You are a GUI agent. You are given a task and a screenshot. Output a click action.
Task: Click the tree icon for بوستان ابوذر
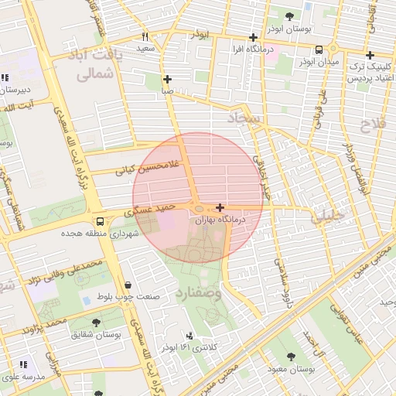289,15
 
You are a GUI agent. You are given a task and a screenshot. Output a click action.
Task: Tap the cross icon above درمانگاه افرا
253,37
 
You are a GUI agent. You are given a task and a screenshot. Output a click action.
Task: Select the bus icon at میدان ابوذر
319,49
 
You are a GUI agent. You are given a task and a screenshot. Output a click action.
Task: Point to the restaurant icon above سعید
145,36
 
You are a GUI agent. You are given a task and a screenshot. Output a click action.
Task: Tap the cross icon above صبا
167,79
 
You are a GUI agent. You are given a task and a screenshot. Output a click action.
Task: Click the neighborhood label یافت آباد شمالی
97,67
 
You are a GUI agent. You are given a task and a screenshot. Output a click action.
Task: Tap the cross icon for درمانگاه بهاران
221,207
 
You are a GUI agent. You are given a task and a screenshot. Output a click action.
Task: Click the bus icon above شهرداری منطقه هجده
97,220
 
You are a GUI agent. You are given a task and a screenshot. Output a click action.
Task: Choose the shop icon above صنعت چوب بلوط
127,285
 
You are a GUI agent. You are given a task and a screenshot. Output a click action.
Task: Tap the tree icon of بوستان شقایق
96,323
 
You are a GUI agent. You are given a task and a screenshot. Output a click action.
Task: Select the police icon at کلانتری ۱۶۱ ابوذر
189,336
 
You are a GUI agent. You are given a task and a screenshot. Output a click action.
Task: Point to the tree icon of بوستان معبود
290,357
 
